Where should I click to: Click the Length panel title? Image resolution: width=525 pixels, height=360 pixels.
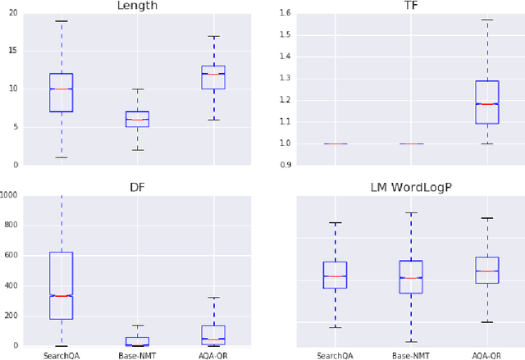click(x=137, y=6)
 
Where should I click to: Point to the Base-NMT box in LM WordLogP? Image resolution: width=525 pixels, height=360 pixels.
click(x=411, y=277)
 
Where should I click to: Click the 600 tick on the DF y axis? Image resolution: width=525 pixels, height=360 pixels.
click(x=11, y=256)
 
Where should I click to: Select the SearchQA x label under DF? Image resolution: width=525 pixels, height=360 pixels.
click(x=61, y=355)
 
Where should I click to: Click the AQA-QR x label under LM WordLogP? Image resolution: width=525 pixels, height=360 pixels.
click(x=487, y=355)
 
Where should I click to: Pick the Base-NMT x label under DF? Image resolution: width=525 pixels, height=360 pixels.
click(x=137, y=355)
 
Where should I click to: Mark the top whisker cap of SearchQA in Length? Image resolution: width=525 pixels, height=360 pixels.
click(x=61, y=21)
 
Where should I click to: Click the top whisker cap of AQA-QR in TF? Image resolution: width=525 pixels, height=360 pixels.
click(x=487, y=20)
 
